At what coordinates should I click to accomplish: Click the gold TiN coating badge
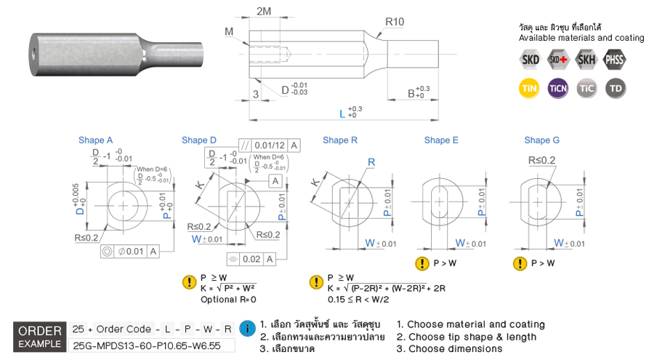pos(528,88)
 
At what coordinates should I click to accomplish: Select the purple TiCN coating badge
pos(557,88)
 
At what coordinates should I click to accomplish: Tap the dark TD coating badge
pos(616,88)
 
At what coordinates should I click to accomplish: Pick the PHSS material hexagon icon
pos(614,60)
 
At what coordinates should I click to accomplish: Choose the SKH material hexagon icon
pos(586,60)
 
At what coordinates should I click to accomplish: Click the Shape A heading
pos(96,140)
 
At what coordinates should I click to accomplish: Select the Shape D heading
pos(199,140)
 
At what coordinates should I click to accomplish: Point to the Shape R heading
pos(340,140)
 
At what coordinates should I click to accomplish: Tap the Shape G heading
pos(542,140)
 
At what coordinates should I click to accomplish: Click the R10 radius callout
pos(395,22)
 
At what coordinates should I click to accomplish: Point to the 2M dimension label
pos(265,11)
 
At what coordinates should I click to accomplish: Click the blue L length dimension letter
pos(342,114)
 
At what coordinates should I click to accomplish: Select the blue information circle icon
pos(247,329)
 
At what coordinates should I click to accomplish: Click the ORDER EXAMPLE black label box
pos(40,335)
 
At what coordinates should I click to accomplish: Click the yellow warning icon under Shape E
pos(422,263)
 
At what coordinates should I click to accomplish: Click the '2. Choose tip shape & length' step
pos(467,337)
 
